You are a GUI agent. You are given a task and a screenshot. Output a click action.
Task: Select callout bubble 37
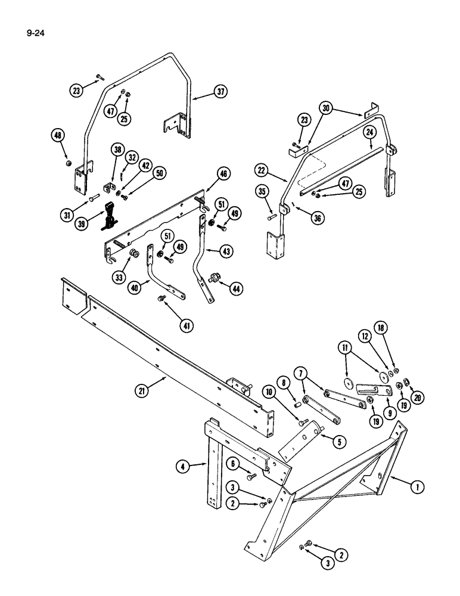(221, 92)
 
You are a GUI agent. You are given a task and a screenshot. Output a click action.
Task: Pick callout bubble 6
(235, 463)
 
